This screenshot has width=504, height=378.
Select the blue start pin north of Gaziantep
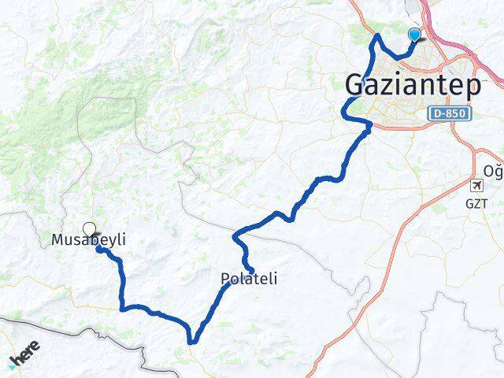tap(414, 35)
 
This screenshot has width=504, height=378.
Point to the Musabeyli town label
tap(88, 239)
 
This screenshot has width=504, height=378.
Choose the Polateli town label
tap(248, 278)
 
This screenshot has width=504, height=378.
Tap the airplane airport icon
tap(476, 186)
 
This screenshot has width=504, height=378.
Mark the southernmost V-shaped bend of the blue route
tap(192, 340)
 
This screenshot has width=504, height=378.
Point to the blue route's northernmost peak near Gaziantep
tap(378, 36)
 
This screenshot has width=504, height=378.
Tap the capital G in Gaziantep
tap(357, 85)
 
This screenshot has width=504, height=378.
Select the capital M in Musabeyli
tap(57, 239)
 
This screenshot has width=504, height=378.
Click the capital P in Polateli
tap(224, 278)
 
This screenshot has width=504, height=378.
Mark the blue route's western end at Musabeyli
tap(99, 249)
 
